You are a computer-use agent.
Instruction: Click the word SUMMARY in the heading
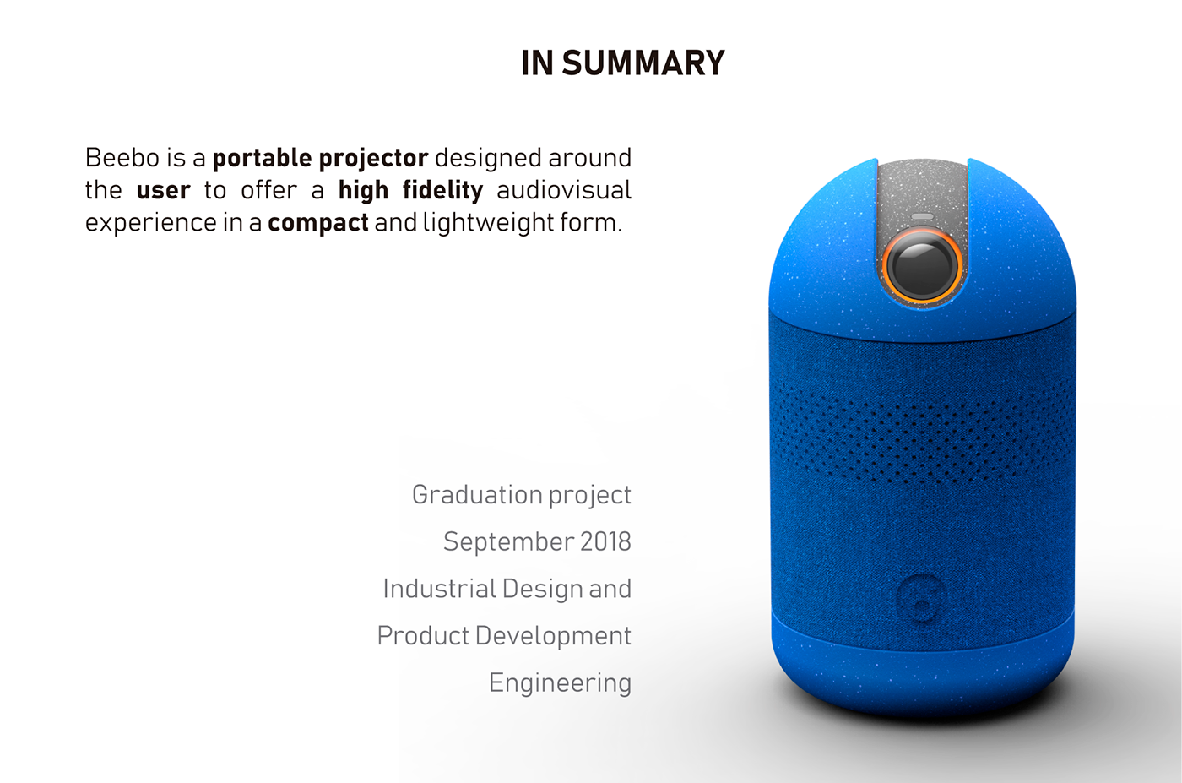[643, 63]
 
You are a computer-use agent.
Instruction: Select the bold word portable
[262, 158]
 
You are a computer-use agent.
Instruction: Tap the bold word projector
[374, 159]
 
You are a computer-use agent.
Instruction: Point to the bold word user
[163, 191]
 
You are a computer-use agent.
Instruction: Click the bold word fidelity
[442, 191]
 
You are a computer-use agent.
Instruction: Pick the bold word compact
[318, 223]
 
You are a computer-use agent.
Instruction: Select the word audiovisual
[563, 190]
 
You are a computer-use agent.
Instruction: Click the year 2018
[605, 541]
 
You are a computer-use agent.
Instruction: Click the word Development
[553, 635]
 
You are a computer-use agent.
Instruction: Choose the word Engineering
[560, 682]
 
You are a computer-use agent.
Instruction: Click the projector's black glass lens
[923, 265]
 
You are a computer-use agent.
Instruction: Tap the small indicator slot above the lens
[922, 217]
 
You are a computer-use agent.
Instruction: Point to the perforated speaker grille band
[922, 431]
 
